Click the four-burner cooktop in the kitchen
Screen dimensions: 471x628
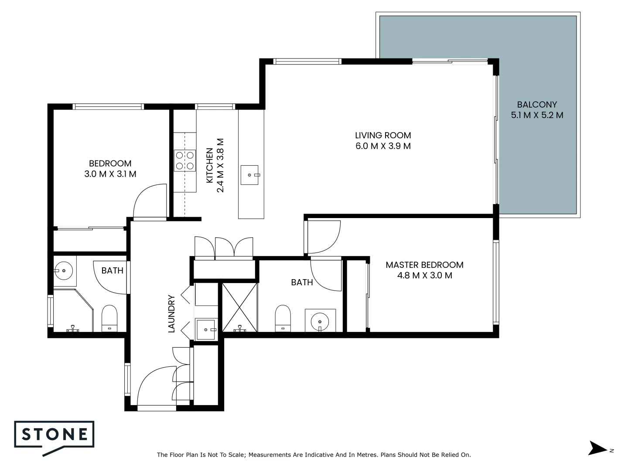click(x=184, y=160)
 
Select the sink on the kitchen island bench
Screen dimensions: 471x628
click(x=250, y=175)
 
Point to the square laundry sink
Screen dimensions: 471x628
click(x=206, y=329)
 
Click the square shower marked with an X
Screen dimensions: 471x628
click(x=239, y=307)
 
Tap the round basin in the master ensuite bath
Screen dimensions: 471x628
click(x=320, y=322)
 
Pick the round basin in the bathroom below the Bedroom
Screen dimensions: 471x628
click(x=64, y=270)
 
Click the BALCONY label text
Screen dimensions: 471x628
click(x=537, y=105)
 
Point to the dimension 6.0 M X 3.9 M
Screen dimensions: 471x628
click(x=383, y=146)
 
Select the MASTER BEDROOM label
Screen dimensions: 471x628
click(x=424, y=265)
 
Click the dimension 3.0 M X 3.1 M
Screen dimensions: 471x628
click(x=110, y=174)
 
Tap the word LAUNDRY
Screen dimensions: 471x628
click(x=171, y=314)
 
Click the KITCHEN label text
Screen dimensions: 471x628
click(x=210, y=166)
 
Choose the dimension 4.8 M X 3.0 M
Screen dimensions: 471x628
click(x=424, y=276)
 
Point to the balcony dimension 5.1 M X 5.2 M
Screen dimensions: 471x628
click(x=537, y=116)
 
